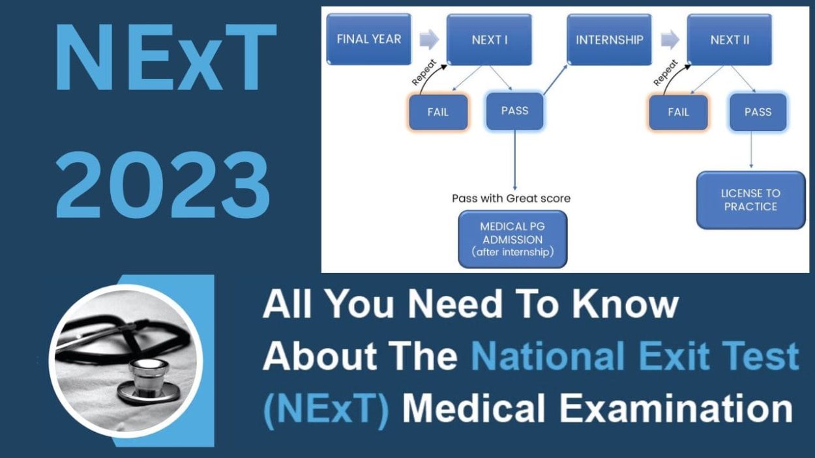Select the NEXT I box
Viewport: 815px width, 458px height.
coord(489,40)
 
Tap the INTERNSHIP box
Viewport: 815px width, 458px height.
coord(610,40)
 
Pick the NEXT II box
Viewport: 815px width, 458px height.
coord(729,40)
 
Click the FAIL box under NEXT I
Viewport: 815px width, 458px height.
coord(438,111)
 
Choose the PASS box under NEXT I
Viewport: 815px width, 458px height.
coord(514,111)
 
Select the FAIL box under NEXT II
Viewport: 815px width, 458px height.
coord(678,112)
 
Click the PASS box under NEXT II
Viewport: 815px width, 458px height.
coord(758,112)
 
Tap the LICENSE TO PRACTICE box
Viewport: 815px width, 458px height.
coord(750,200)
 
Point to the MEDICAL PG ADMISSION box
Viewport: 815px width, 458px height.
coord(512,239)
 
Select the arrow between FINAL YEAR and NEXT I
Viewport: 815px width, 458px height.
coord(428,40)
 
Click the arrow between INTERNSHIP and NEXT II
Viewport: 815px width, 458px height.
coord(670,40)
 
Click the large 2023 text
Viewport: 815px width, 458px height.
coord(163,186)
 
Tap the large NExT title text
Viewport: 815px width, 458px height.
coord(166,60)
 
